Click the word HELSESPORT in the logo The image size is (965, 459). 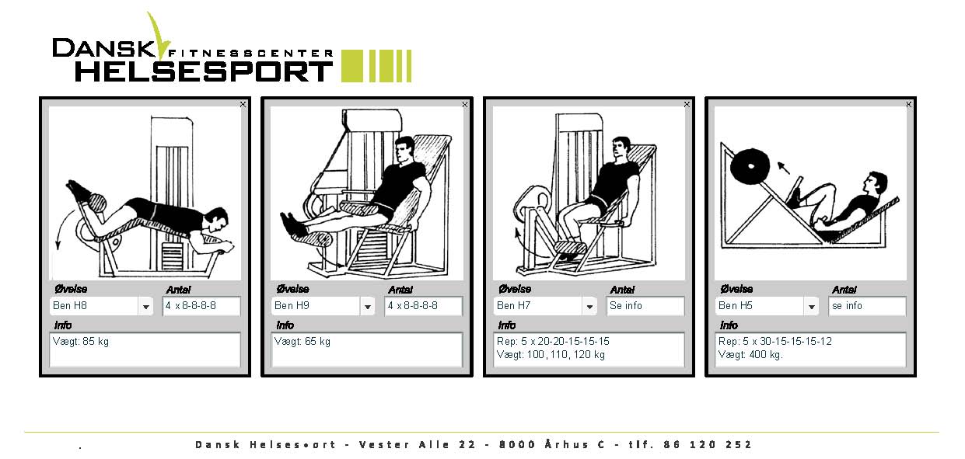pos(204,71)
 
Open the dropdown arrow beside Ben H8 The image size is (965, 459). pos(145,307)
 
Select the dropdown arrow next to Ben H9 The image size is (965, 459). pos(368,307)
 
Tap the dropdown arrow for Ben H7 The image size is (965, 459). pos(589,307)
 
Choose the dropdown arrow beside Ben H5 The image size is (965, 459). pos(811,307)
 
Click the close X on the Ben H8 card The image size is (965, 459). pos(243,105)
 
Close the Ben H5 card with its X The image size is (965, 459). pos(908,105)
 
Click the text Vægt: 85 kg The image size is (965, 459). pos(81,342)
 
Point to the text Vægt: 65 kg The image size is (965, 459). pos(302,342)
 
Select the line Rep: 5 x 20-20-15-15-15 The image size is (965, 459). pos(553,342)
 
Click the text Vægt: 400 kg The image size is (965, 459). pos(750,355)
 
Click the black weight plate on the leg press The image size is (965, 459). pos(750,166)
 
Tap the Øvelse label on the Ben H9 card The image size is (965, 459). pos(292,289)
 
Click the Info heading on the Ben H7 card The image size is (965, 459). pos(507,325)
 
